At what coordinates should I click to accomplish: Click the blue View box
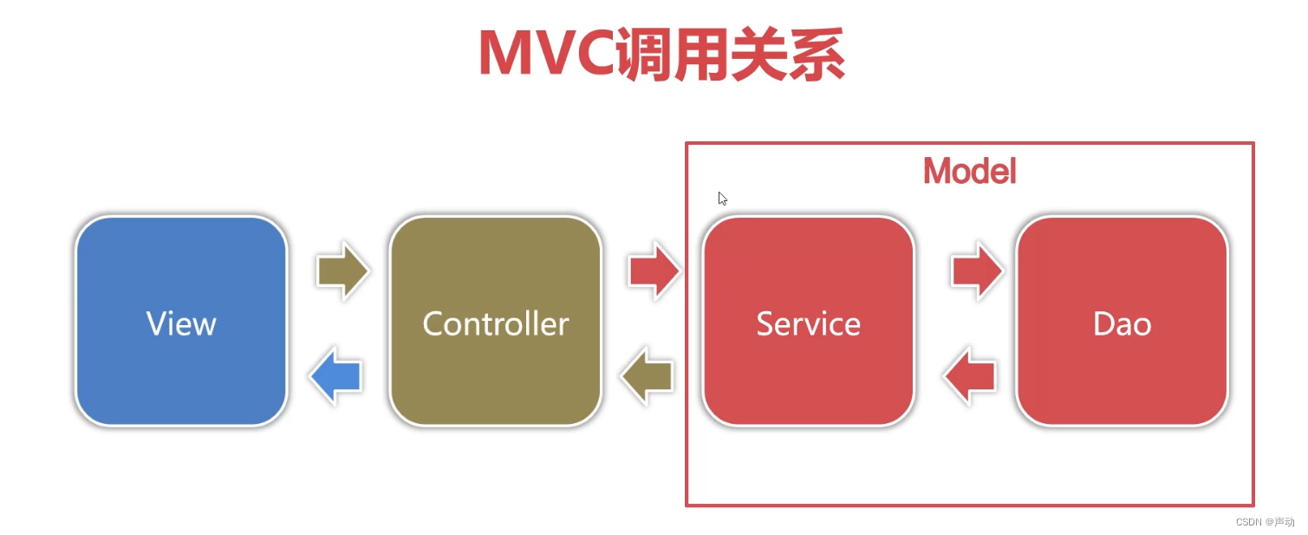(x=181, y=321)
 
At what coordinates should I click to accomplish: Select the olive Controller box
(x=495, y=321)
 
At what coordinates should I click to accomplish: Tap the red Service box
(x=808, y=321)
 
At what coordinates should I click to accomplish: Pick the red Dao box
(x=1122, y=321)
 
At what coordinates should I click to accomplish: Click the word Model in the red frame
(x=969, y=172)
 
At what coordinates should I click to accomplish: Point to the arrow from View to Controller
(x=342, y=271)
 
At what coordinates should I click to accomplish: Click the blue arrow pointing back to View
(x=335, y=375)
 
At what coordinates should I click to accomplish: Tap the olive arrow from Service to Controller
(x=647, y=375)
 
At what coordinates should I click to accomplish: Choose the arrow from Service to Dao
(x=977, y=271)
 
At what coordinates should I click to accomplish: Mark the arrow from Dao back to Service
(x=969, y=375)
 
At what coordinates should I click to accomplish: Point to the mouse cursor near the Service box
(x=722, y=199)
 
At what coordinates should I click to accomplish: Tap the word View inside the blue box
(x=181, y=323)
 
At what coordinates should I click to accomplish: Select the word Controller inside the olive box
(x=495, y=323)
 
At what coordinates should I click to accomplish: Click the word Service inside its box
(x=808, y=323)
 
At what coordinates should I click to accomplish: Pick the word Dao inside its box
(x=1122, y=323)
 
